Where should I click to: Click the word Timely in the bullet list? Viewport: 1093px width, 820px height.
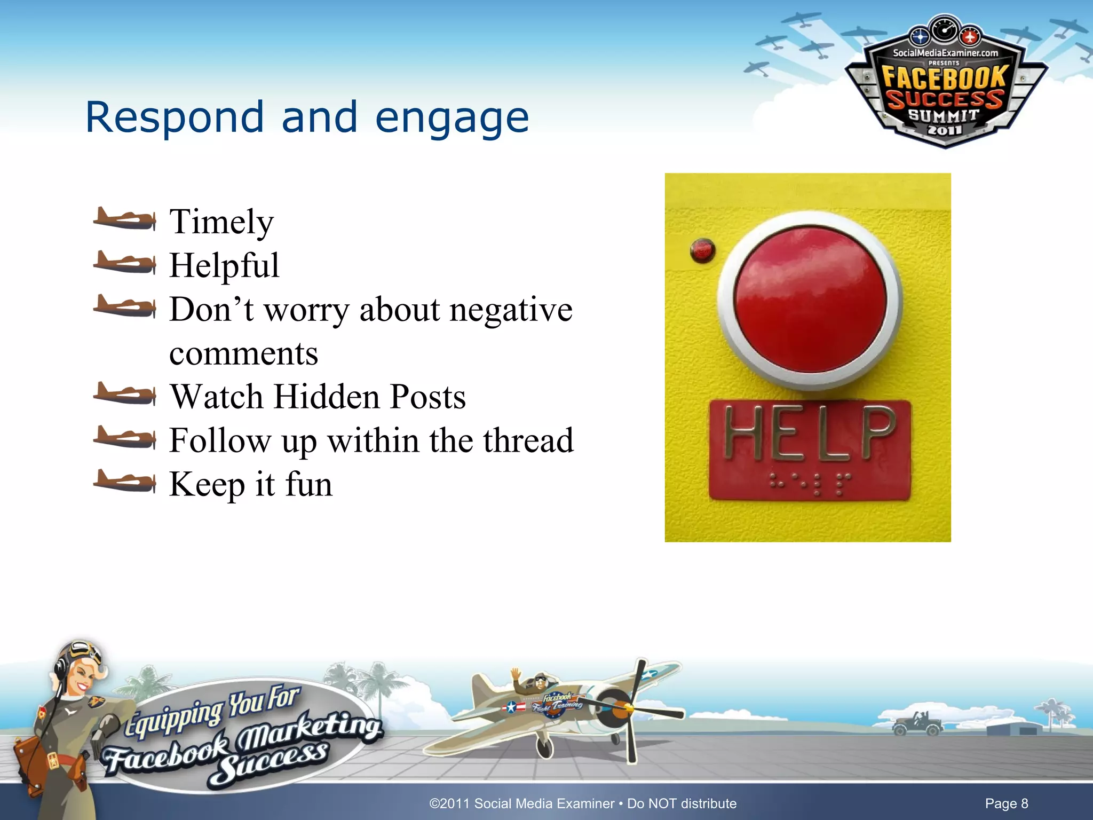click(x=221, y=222)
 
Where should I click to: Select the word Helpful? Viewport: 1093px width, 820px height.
click(x=224, y=266)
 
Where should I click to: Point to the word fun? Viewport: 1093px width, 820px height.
click(x=309, y=485)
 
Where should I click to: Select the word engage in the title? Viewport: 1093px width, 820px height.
click(x=452, y=118)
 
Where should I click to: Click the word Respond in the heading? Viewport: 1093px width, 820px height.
click(x=175, y=118)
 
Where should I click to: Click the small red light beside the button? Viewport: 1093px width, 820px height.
click(x=702, y=250)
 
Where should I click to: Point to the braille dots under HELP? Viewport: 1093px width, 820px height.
click(x=810, y=483)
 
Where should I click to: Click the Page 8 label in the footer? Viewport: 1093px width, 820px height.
click(x=1006, y=803)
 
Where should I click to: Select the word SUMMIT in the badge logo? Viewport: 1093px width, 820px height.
click(x=944, y=115)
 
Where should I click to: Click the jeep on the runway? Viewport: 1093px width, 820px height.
click(x=913, y=724)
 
